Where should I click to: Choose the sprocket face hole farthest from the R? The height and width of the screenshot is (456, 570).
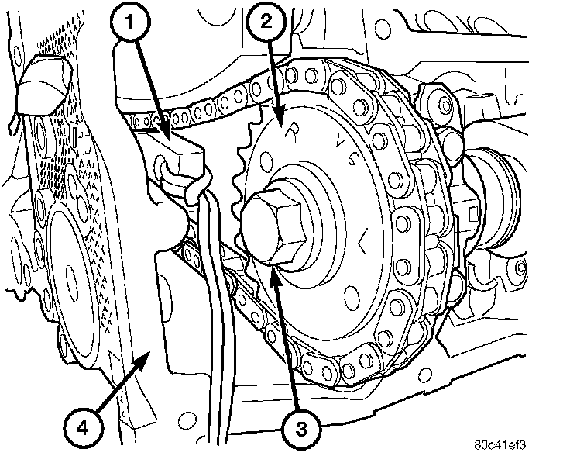point(352,295)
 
